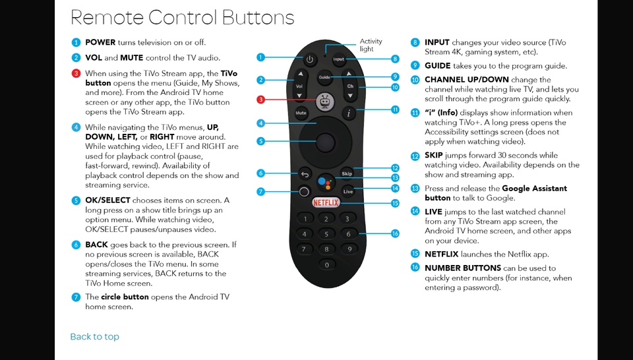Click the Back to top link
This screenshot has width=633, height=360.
click(x=94, y=337)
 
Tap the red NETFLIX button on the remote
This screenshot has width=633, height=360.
click(x=326, y=203)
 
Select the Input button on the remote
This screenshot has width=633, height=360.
click(x=338, y=59)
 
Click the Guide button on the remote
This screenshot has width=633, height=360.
click(x=324, y=77)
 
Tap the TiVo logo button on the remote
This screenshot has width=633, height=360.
click(x=324, y=101)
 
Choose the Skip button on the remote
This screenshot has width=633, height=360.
click(x=347, y=173)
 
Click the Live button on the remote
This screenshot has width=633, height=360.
click(x=347, y=191)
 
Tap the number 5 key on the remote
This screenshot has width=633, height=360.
click(x=326, y=234)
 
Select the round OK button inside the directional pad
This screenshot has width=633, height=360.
click(x=324, y=141)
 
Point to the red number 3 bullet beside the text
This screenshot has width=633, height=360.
click(x=76, y=73)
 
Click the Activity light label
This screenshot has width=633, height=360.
click(x=371, y=45)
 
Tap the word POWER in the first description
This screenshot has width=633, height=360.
click(x=100, y=43)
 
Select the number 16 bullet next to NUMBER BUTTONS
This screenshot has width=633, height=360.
click(x=415, y=268)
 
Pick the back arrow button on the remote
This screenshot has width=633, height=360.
click(x=305, y=174)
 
